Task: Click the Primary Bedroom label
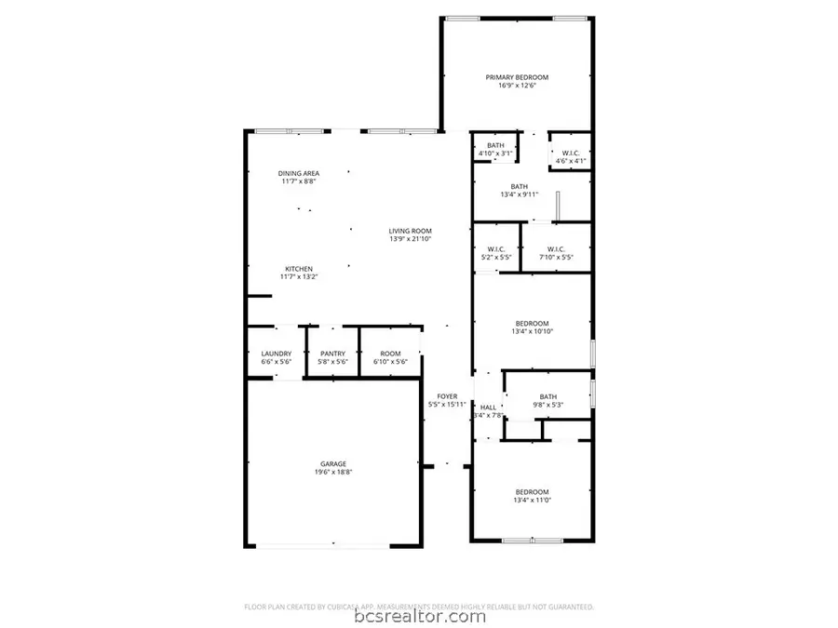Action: pos(517,77)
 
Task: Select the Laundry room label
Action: pos(277,354)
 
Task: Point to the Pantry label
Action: pos(333,354)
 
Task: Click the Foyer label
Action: pos(445,395)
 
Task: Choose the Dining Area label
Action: pos(298,173)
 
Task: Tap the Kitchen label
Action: pos(298,269)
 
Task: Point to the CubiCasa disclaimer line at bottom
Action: pos(418,606)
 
